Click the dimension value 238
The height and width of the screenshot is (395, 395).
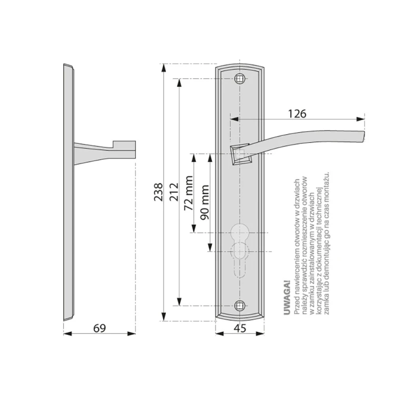pos(159,192)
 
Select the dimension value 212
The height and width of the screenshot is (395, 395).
pos(174,192)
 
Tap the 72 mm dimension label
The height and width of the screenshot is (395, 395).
pos(189,193)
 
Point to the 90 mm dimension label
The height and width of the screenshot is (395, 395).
pos(204,202)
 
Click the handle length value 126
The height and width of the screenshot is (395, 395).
pos(297,114)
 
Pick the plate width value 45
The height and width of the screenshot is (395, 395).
pos(240,328)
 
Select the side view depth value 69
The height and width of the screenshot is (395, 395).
pos(100,328)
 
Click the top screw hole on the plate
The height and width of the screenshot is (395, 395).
pos(240,79)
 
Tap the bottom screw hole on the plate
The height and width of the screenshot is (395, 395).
pos(240,305)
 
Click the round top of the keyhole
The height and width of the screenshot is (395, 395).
pos(240,232)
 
